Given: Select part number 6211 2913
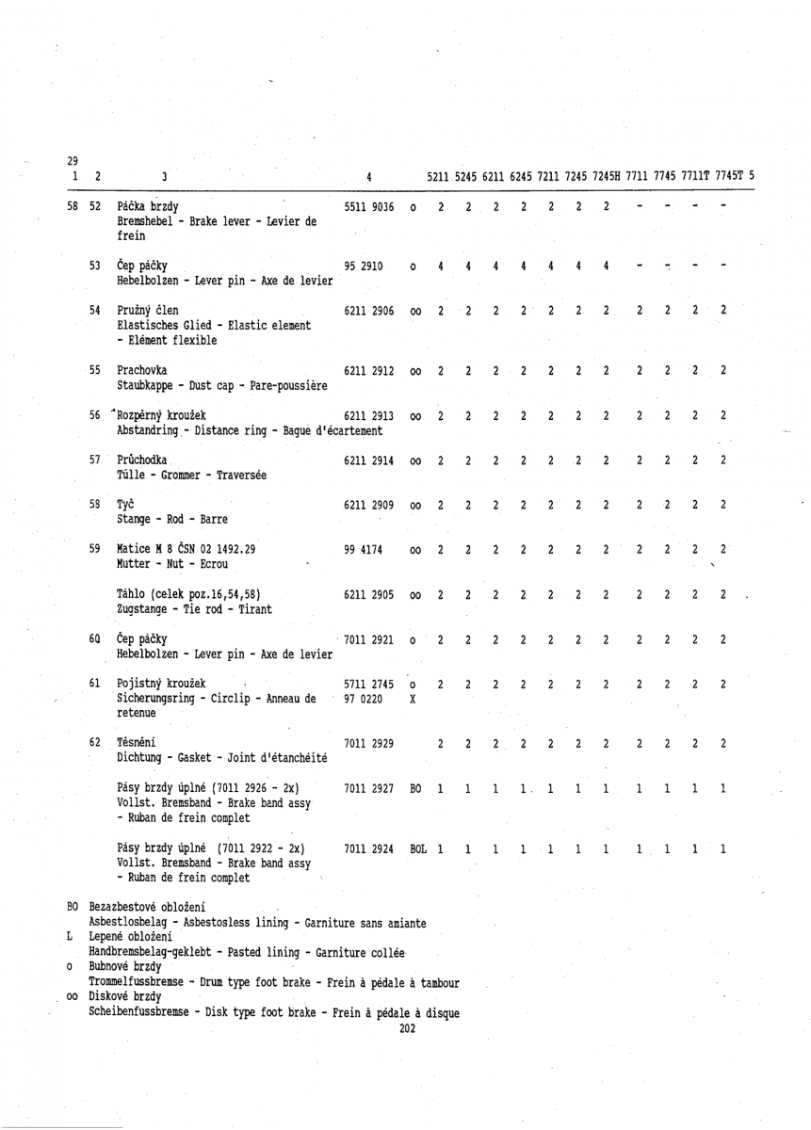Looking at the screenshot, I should click(370, 415).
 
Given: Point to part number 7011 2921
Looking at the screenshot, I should click(370, 639).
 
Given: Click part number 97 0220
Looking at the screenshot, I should click(363, 698).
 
